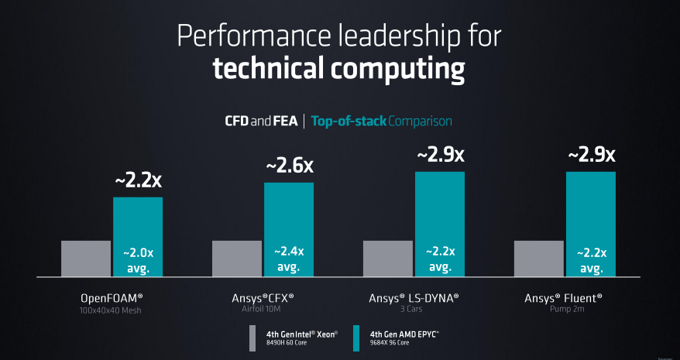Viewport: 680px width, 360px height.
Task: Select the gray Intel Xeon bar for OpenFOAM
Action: click(x=86, y=259)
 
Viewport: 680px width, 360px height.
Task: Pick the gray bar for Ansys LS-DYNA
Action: click(x=388, y=259)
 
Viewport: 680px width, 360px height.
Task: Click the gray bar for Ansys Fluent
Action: click(x=539, y=259)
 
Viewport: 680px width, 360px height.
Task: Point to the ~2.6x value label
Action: click(x=289, y=166)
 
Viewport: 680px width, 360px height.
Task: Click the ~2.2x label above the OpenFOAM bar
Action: click(x=138, y=180)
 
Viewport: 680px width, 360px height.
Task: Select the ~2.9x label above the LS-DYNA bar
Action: click(x=440, y=155)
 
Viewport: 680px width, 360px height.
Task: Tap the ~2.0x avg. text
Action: click(x=138, y=260)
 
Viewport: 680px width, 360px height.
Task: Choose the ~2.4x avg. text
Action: click(x=289, y=260)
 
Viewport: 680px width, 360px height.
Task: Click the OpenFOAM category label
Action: click(x=112, y=298)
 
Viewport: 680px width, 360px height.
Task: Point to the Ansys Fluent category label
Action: click(x=563, y=298)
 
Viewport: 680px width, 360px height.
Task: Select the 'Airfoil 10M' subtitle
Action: click(x=263, y=310)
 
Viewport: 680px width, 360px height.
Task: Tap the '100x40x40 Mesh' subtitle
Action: click(x=112, y=310)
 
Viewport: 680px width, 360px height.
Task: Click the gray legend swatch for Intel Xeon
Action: click(x=252, y=338)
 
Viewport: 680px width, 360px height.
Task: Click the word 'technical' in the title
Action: click(x=270, y=69)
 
